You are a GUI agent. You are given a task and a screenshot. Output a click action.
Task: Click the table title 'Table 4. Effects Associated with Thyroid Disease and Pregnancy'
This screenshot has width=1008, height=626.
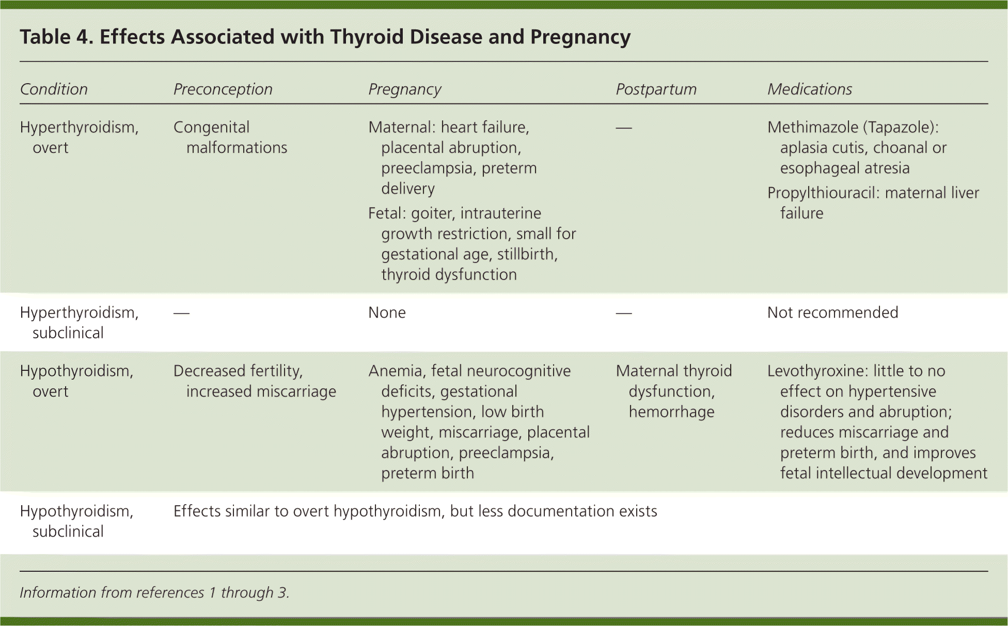coord(325,37)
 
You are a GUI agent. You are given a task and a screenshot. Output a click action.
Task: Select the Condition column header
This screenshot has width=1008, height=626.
coord(54,89)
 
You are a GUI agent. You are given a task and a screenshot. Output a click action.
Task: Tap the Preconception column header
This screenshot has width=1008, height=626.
coord(223,89)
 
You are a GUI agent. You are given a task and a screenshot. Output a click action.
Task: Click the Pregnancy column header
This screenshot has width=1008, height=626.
coord(405,89)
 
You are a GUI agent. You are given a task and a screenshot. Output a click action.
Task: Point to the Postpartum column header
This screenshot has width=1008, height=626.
coord(656,89)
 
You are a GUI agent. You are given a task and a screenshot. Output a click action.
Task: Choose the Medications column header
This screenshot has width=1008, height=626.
coord(810,89)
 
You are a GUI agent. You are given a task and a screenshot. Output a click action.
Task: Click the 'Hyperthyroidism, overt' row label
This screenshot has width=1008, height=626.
coord(79,137)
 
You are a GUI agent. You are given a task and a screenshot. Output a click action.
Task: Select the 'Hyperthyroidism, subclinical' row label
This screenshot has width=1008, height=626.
coord(79,322)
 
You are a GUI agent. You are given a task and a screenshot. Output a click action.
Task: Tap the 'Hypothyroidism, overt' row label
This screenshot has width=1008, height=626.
coord(76,381)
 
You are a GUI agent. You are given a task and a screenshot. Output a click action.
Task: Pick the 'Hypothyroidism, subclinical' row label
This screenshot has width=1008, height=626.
coord(76,521)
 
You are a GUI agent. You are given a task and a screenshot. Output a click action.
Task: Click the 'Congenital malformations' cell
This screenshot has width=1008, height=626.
coord(230,137)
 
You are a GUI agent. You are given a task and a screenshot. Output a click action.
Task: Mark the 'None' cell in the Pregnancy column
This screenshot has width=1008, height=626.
coord(387,312)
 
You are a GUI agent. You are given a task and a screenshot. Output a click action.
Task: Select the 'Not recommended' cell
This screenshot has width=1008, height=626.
coord(833,312)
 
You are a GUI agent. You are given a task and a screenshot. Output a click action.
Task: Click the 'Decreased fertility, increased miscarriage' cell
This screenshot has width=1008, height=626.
coord(255,381)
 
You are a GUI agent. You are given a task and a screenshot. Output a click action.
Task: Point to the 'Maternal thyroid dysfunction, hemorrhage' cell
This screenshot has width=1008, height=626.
coord(674,391)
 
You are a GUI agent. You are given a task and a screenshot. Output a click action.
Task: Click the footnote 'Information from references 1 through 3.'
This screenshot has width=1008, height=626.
coord(154,592)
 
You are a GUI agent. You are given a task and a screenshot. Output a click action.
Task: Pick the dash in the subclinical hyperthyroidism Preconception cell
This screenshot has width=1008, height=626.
coord(181,313)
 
